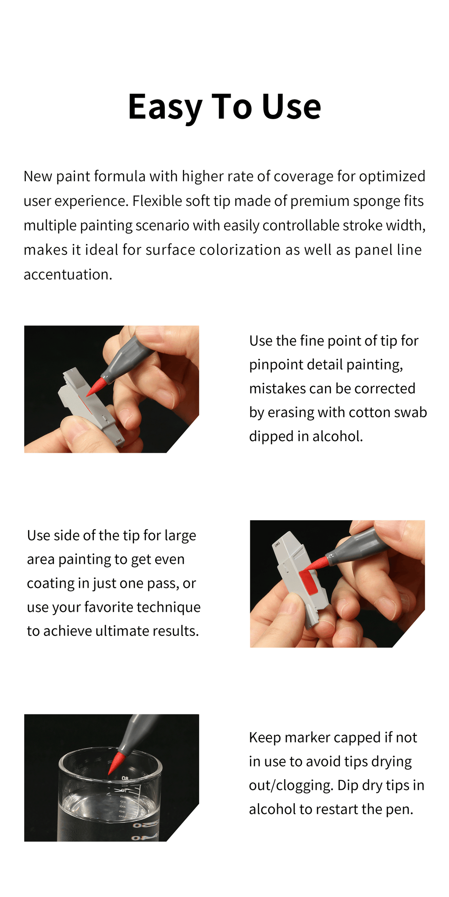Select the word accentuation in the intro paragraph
point(68,275)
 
